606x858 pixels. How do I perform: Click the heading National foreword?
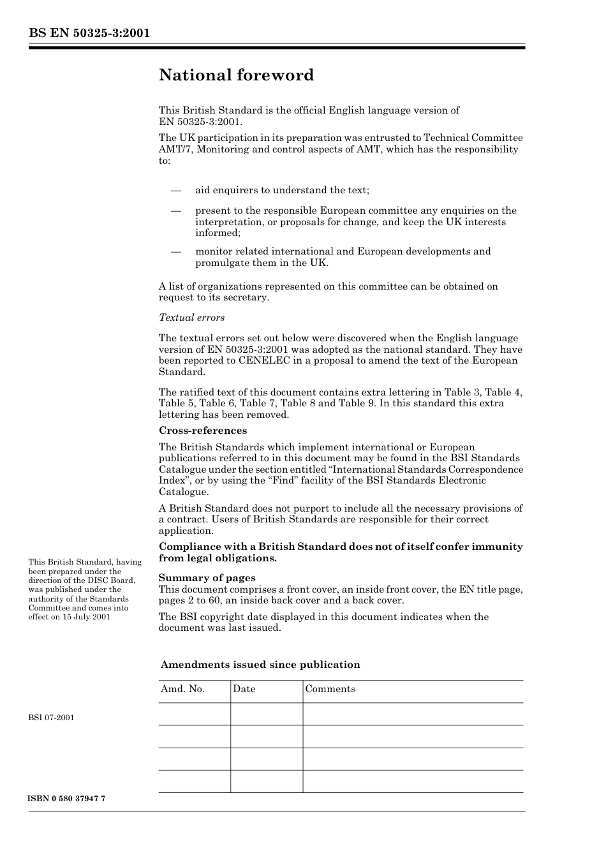point(236,75)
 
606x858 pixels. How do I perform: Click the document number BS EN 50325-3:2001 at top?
point(89,33)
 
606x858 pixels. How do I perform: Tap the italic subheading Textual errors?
point(191,318)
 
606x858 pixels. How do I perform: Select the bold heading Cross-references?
point(203,431)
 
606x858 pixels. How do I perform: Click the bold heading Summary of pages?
point(207,578)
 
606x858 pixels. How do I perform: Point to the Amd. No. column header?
point(182,689)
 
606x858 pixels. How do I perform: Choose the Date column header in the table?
point(244,689)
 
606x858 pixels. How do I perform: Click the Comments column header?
point(330,689)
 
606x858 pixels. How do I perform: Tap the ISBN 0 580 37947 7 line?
point(67,799)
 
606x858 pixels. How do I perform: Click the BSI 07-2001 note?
point(51,718)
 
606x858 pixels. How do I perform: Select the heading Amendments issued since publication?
point(260,665)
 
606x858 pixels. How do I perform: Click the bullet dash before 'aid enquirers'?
point(175,190)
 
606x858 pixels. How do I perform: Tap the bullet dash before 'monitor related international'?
point(175,251)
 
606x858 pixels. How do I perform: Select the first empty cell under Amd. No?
point(194,714)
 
